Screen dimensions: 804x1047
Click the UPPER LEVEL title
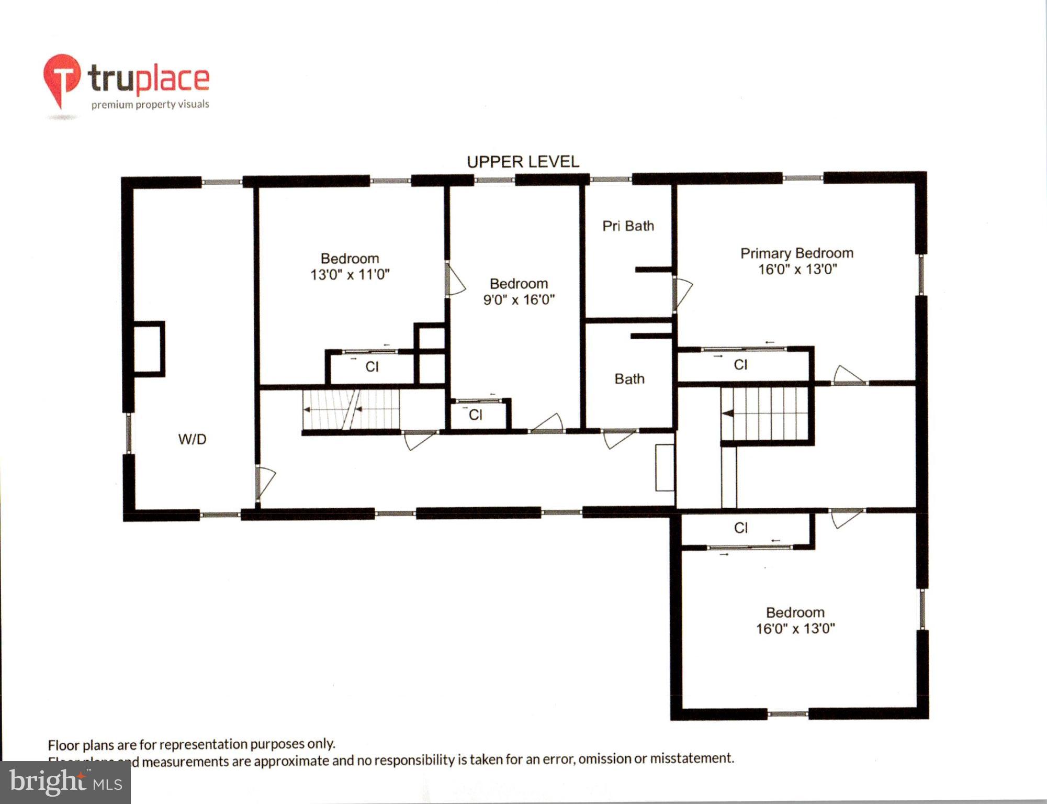[523, 162]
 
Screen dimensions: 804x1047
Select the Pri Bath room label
[628, 226]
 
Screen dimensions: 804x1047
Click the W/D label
[192, 439]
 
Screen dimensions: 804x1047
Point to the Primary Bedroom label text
[796, 253]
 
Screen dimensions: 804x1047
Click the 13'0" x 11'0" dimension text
[350, 275]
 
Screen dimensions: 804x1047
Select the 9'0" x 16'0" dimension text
[519, 300]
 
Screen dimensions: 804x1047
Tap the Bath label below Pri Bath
[629, 379]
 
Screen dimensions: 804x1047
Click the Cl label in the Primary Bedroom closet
[740, 365]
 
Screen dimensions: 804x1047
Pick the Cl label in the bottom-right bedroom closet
[740, 528]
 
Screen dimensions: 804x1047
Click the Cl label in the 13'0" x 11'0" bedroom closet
[372, 367]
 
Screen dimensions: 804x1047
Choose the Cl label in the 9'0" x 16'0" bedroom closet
[475, 415]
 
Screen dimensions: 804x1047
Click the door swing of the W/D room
[265, 482]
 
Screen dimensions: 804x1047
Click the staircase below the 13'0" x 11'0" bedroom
[351, 409]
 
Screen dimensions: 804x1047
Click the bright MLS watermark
[65, 782]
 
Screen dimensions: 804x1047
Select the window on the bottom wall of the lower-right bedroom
[787, 713]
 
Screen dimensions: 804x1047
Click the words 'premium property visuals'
[150, 105]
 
